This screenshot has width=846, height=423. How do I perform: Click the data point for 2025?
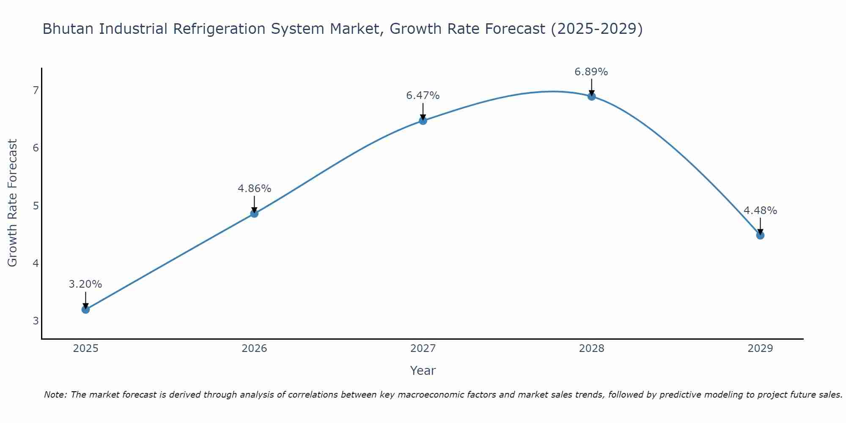click(85, 310)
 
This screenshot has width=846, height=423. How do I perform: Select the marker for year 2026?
click(254, 214)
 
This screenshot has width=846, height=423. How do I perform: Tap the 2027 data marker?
click(423, 121)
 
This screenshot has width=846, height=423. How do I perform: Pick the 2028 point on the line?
click(592, 96)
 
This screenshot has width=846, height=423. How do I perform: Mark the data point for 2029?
click(760, 235)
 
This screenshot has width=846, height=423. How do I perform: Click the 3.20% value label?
click(85, 284)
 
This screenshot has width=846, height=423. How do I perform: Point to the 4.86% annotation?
click(254, 189)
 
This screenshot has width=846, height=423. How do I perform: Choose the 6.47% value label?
click(423, 96)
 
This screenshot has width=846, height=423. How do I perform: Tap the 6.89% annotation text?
click(591, 72)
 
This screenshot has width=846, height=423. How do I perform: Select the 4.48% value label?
click(760, 211)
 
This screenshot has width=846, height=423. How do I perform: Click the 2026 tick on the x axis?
click(254, 349)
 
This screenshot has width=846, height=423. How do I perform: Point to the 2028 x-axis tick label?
click(592, 349)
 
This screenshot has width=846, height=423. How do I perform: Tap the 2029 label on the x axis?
click(760, 349)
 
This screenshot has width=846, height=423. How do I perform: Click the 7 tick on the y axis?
click(36, 90)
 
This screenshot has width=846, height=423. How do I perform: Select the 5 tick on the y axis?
click(36, 206)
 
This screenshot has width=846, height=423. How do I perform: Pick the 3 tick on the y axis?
click(36, 321)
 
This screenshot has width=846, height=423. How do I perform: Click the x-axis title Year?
click(423, 371)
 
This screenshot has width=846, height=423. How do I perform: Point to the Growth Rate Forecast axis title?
click(13, 203)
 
